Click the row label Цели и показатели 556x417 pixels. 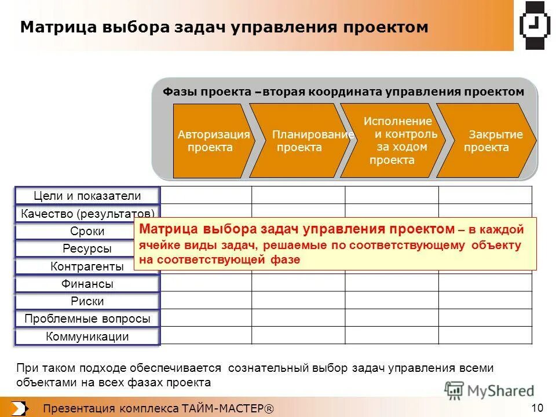click(87, 196)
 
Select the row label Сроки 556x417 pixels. click(87, 232)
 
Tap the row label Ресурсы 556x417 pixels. click(87, 249)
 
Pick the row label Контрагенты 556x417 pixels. click(87, 267)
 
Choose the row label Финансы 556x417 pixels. click(87, 284)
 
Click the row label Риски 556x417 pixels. click(87, 302)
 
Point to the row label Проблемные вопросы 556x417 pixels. click(87, 319)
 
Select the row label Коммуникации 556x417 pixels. click(87, 337)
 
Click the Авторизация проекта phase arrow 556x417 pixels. click(211, 141)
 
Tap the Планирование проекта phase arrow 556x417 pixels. click(298, 141)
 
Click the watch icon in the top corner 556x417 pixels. click(533, 26)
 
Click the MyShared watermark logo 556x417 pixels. click(490, 391)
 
